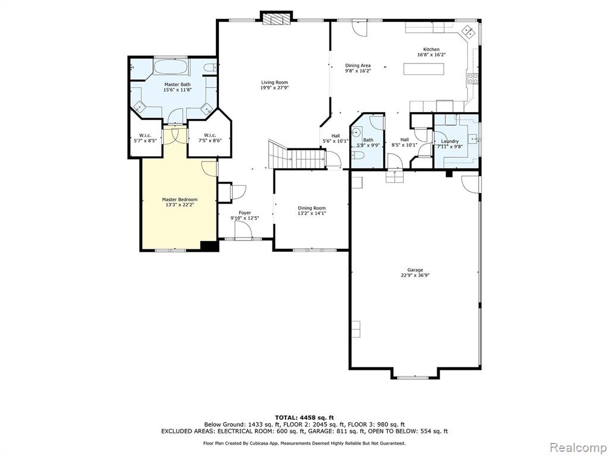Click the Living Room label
pyautogui.click(x=274, y=82)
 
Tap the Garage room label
pyautogui.click(x=415, y=270)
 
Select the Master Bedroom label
pyautogui.click(x=180, y=199)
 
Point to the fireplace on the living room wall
pyautogui.click(x=277, y=20)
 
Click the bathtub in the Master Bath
pyautogui.click(x=171, y=66)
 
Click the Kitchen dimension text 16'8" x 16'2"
pyautogui.click(x=431, y=55)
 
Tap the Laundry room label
pyautogui.click(x=450, y=141)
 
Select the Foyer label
pyautogui.click(x=244, y=213)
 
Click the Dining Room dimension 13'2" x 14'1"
pyautogui.click(x=312, y=213)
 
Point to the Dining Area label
pyautogui.click(x=357, y=65)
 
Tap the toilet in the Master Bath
pyautogui.click(x=209, y=68)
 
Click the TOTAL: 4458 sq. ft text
pyautogui.click(x=304, y=417)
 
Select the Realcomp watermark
pyautogui.click(x=578, y=447)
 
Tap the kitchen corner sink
pyautogui.click(x=467, y=31)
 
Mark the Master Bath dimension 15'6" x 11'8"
pyautogui.click(x=177, y=90)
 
